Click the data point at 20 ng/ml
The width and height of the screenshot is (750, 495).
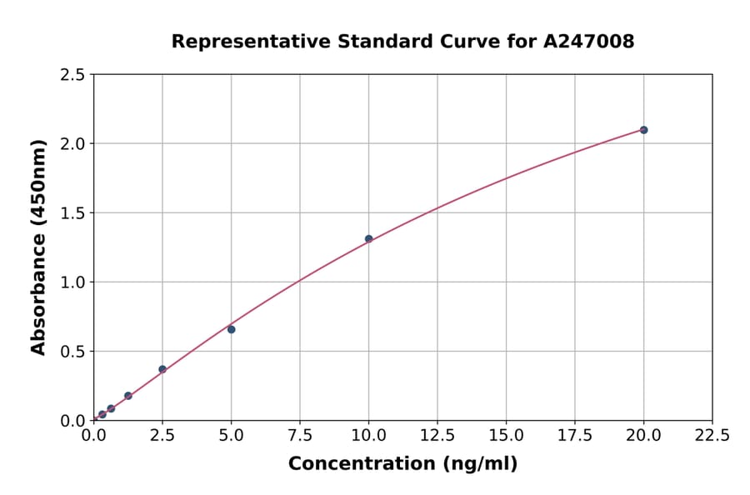(x=643, y=130)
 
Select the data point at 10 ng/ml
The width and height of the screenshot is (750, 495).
(x=368, y=239)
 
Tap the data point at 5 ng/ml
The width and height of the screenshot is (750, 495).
(x=231, y=329)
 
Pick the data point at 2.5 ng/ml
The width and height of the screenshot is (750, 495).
(x=162, y=369)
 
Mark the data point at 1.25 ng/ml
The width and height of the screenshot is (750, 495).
(x=128, y=396)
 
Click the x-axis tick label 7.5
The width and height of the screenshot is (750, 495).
(x=300, y=436)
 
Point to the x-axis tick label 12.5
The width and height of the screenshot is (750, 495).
(x=437, y=436)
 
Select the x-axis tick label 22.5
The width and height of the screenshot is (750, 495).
(x=712, y=436)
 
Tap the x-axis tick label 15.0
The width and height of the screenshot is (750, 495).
(x=506, y=436)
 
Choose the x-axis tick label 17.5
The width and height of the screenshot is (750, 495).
(x=575, y=436)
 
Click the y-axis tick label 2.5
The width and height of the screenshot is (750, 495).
(x=73, y=75)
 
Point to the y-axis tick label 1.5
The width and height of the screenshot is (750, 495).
(x=73, y=213)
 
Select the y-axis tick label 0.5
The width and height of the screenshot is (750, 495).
(x=73, y=352)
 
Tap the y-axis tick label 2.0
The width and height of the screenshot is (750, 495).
(x=73, y=144)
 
